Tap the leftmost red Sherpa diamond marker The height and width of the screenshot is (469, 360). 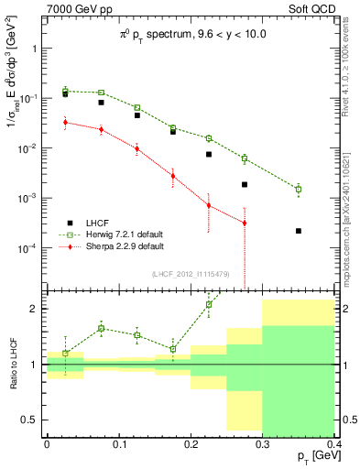pos(65,122)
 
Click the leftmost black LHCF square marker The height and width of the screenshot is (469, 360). pos(65,94)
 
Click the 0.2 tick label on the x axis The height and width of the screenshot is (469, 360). pos(190,443)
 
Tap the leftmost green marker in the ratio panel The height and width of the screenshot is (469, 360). pos(65,353)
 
